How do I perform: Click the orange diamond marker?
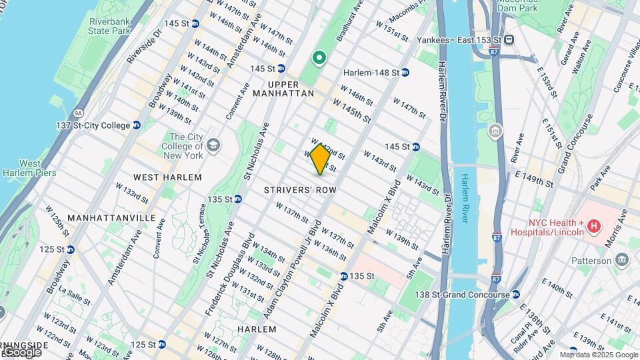(320, 159)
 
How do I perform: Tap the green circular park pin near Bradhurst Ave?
(319, 58)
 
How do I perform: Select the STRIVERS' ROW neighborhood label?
(299, 190)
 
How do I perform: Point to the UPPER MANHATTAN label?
(283, 89)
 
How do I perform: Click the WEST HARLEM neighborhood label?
(167, 177)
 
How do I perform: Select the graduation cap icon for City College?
(213, 145)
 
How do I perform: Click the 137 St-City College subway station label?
(93, 125)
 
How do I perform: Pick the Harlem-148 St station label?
(371, 73)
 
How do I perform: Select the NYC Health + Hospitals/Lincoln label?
(547, 227)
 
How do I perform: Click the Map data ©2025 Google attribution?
(597, 355)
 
